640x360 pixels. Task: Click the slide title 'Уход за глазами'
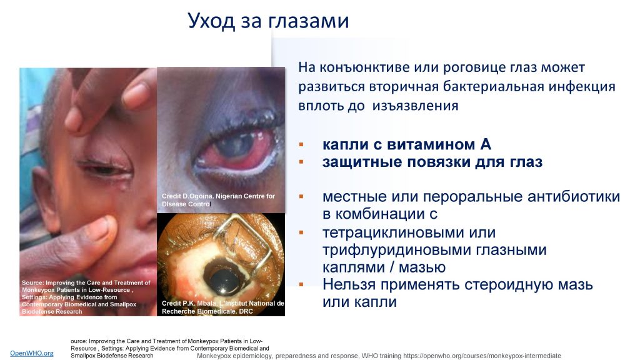click(268, 21)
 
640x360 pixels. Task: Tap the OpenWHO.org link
click(32, 353)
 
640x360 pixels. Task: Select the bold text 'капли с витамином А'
click(406, 144)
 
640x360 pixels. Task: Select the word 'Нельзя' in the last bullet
click(349, 284)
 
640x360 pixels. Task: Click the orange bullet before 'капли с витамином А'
click(301, 144)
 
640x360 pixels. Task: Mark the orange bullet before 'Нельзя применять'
click(301, 284)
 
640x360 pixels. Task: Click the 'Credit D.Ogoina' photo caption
click(218, 200)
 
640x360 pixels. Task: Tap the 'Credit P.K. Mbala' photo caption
click(223, 307)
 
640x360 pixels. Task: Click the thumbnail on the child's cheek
click(100, 229)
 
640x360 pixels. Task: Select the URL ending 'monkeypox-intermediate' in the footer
click(482, 356)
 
